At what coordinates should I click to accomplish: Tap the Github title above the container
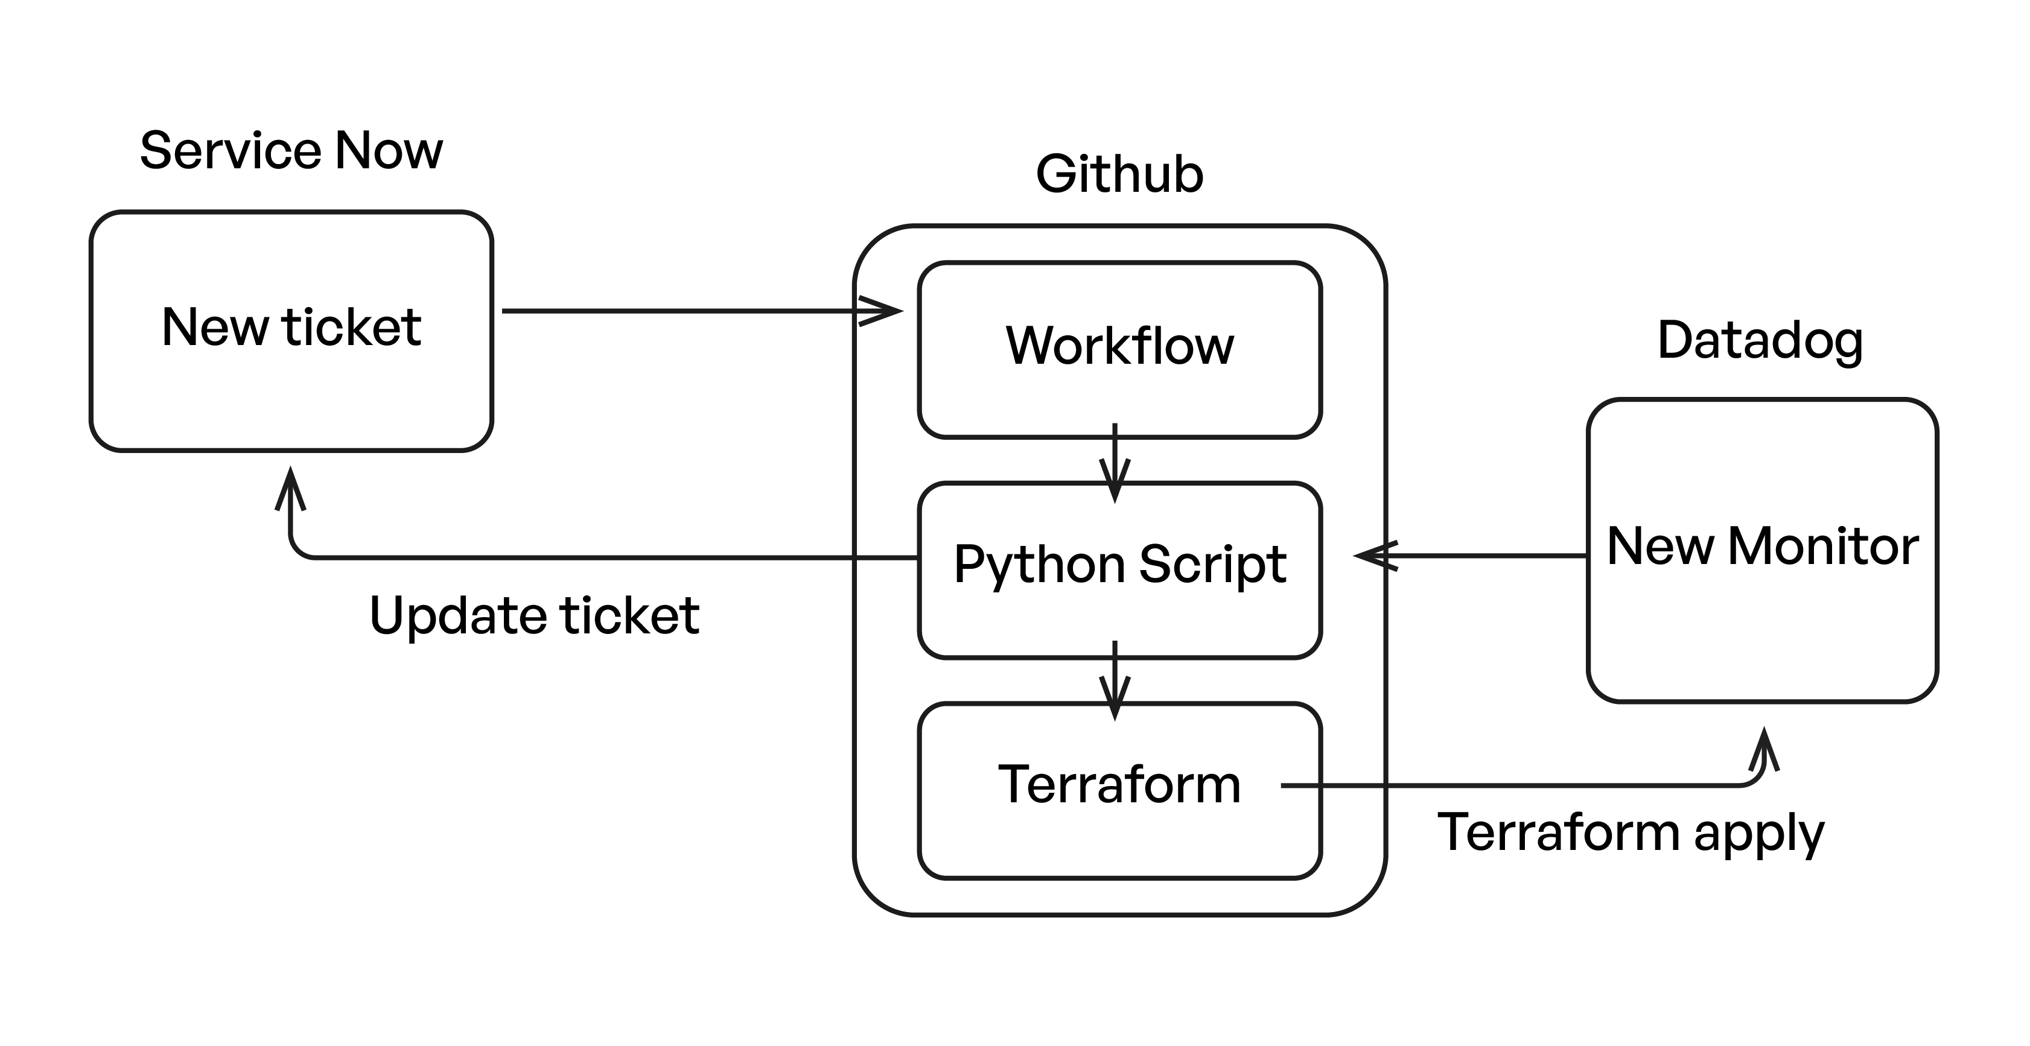pos(1119,174)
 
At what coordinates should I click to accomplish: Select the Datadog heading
pos(1760,340)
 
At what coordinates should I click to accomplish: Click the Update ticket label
pos(533,615)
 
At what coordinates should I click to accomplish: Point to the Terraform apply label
pos(1631,833)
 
